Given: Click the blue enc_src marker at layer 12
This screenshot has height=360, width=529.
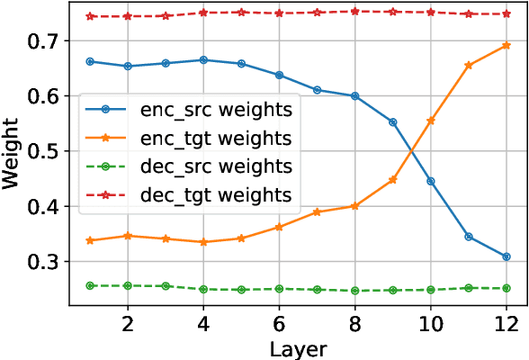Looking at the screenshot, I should point(507,256).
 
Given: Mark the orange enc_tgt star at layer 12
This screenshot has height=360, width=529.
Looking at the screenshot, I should point(507,45).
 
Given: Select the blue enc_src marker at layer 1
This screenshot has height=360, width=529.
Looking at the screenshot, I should point(91,61).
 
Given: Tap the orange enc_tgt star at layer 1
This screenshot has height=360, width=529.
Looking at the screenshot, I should point(91,240).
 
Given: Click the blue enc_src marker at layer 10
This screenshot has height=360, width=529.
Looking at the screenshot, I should point(431,181).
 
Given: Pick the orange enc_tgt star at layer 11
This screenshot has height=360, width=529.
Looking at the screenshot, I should point(469,65).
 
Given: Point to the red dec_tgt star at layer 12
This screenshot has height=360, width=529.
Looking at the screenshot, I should point(507,14).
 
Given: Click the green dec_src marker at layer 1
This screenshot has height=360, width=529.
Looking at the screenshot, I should point(91,285).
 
